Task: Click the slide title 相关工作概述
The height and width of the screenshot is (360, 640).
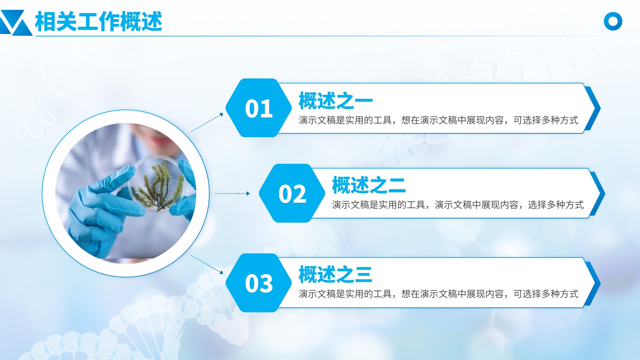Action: click(x=98, y=22)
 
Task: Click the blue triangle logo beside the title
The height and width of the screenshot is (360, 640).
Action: click(x=16, y=23)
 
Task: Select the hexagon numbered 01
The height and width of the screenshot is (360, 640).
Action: click(x=258, y=108)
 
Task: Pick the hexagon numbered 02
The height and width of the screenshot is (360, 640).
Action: click(x=292, y=194)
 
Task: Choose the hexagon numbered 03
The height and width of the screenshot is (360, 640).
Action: click(x=258, y=283)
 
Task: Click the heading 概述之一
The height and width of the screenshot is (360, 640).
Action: click(x=336, y=100)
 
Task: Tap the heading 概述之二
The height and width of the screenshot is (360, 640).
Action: click(x=369, y=185)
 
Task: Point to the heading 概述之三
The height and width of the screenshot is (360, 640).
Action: click(x=336, y=274)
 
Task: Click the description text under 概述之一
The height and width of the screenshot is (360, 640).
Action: click(x=438, y=120)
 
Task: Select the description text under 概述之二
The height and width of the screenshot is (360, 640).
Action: click(x=458, y=205)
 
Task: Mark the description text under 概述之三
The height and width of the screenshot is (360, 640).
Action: click(x=438, y=294)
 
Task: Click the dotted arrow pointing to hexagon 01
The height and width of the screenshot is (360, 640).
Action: click(x=207, y=122)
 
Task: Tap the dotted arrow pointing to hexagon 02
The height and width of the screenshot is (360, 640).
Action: click(x=232, y=194)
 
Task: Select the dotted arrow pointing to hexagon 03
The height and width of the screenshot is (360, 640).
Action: click(x=207, y=264)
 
